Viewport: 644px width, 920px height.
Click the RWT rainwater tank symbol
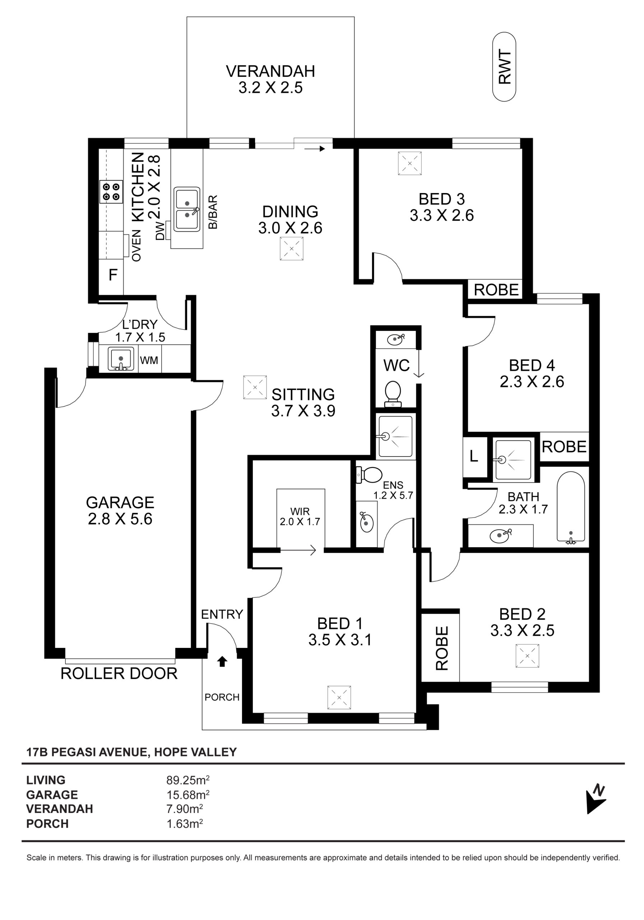504,67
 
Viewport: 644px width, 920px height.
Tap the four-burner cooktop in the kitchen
111,192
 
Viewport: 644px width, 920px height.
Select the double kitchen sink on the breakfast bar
187,209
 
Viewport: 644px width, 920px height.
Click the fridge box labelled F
111,275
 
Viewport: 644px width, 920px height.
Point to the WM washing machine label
149,360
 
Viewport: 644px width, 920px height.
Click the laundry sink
120,358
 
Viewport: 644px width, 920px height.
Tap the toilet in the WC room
393,394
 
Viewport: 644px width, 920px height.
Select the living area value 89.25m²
188,780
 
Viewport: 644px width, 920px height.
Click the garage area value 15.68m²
188,794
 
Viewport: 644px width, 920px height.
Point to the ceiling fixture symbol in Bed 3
410,163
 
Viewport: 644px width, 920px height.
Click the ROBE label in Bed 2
441,648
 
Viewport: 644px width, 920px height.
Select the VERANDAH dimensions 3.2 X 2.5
271,87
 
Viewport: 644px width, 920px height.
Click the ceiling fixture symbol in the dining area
292,249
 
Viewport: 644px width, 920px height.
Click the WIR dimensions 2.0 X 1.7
300,521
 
